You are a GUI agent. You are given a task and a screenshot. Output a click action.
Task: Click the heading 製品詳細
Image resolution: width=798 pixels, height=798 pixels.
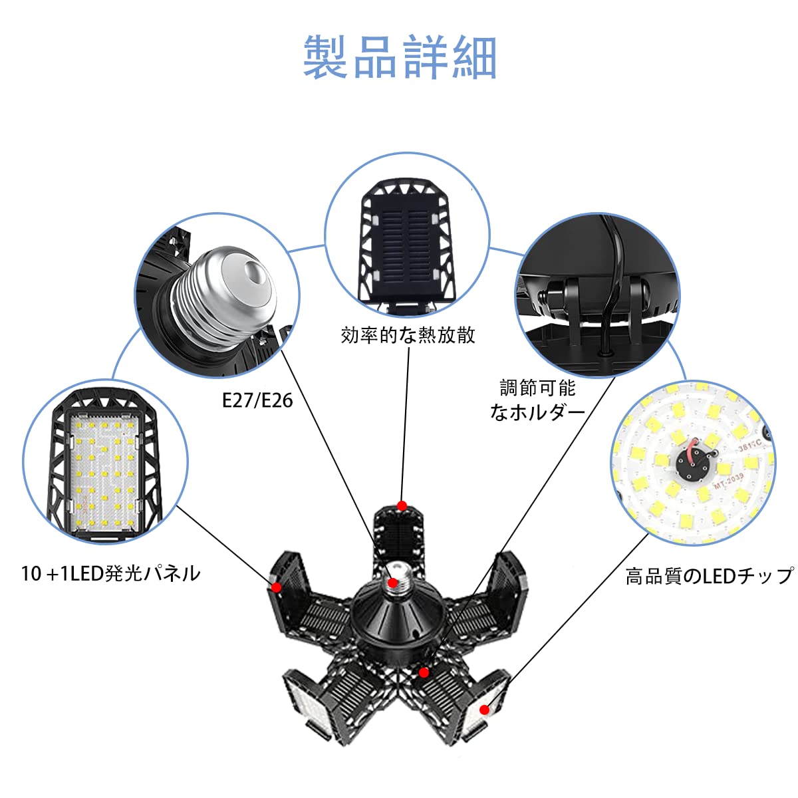(400, 58)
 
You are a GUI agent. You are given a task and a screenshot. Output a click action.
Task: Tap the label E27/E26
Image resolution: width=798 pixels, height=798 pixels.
(257, 400)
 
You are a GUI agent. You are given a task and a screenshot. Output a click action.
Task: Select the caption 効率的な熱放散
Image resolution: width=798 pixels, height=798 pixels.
(408, 334)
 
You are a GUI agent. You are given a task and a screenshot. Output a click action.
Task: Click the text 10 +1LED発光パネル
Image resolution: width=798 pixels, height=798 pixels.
(110, 573)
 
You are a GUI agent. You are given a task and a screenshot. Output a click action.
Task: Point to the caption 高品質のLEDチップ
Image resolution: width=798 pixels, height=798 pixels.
(709, 576)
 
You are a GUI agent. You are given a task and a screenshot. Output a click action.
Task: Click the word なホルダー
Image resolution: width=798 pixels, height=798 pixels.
(537, 412)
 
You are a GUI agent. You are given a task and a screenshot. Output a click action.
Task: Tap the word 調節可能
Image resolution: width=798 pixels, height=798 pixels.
(537, 388)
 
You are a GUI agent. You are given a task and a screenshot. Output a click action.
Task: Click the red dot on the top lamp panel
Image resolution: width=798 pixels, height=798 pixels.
(402, 506)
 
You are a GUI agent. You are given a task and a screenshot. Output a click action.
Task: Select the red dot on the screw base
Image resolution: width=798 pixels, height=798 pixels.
(393, 584)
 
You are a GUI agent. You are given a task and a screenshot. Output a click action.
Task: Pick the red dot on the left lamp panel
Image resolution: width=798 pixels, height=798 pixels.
(275, 587)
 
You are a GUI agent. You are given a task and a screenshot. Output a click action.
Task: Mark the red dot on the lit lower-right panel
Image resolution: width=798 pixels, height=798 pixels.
(484, 710)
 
